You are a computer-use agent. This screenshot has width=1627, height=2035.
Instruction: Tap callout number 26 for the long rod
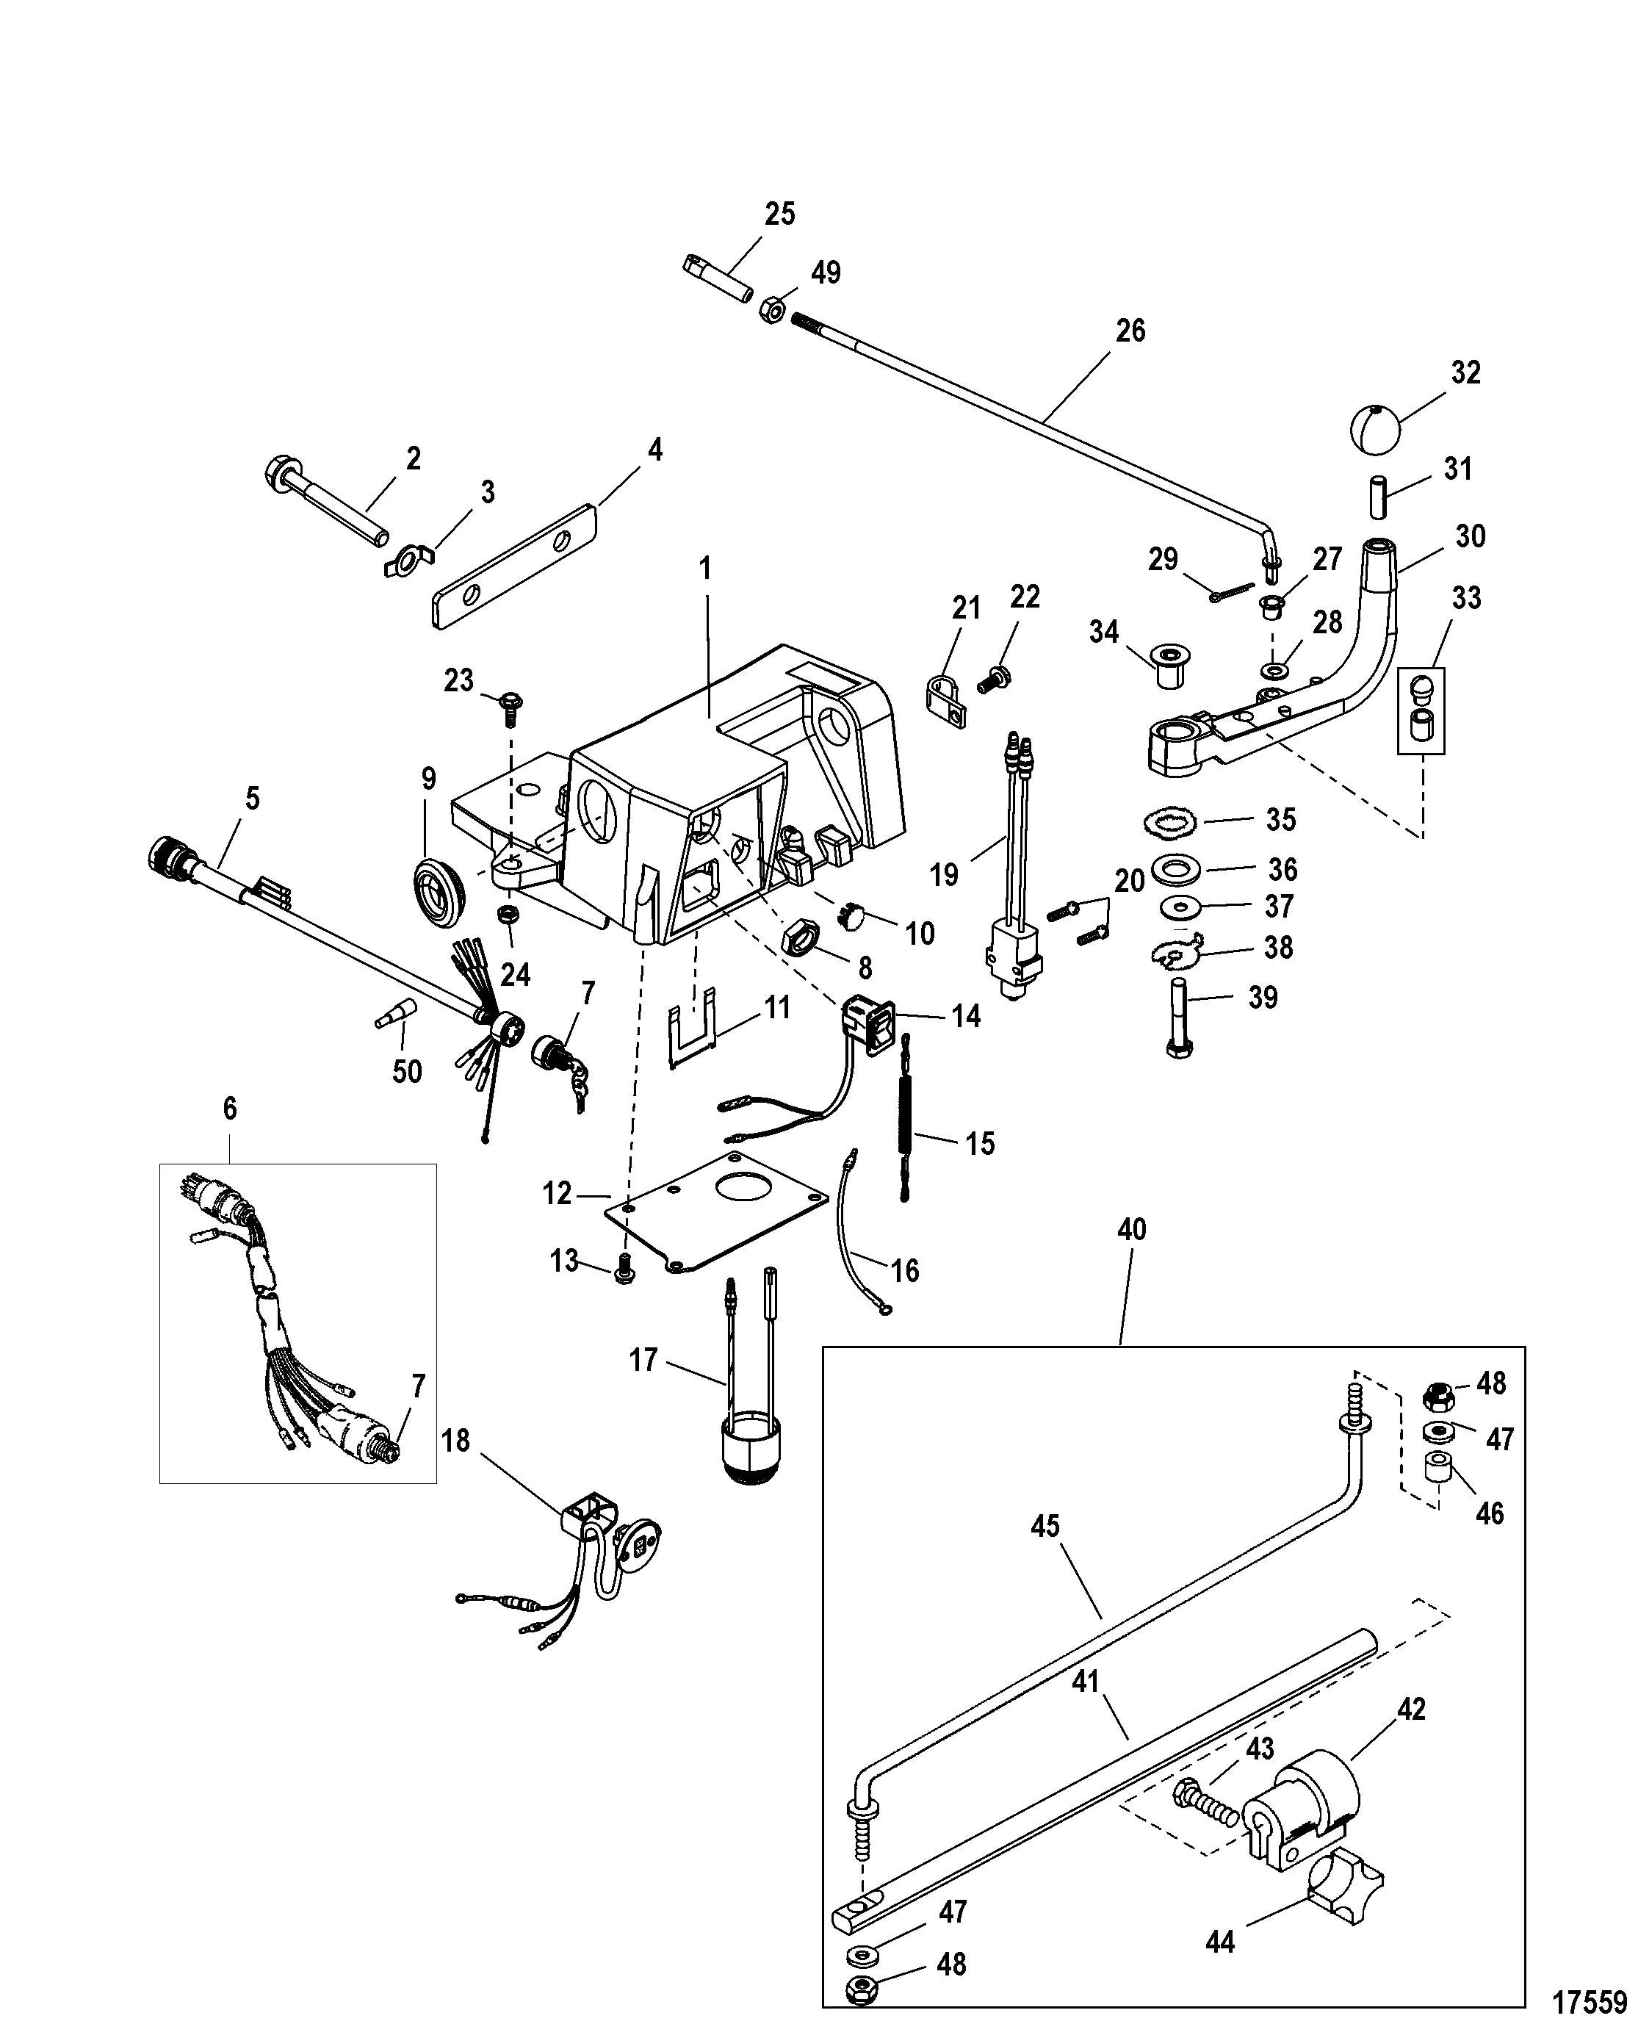(1130, 331)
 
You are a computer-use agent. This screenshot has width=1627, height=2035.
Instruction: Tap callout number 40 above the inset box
(1130, 1229)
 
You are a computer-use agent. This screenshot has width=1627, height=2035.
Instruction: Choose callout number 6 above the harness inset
(229, 1108)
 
